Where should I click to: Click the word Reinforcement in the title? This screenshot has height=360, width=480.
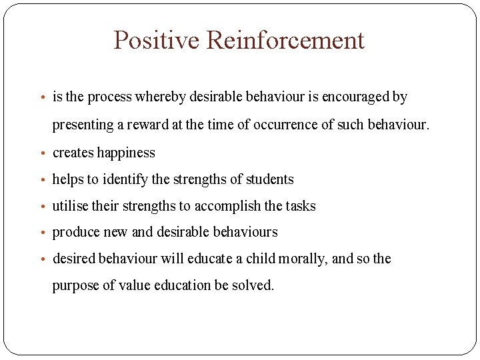[285, 40]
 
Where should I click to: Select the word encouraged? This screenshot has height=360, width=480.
[356, 97]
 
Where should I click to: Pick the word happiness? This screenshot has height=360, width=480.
[126, 153]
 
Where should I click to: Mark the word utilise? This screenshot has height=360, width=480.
[70, 206]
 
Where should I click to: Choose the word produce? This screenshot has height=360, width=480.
[75, 232]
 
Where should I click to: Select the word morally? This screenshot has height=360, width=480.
[301, 259]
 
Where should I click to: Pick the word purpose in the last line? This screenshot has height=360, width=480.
[75, 285]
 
